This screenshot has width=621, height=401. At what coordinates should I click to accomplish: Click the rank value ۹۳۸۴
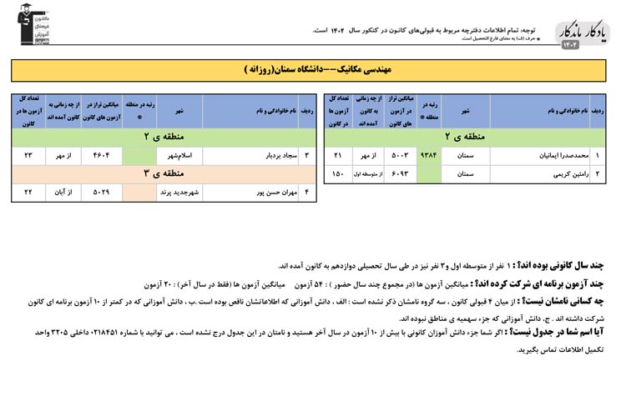(x=428, y=155)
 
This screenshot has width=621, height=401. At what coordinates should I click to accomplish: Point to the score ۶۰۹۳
(x=399, y=174)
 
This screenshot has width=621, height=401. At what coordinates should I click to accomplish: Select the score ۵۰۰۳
(x=399, y=155)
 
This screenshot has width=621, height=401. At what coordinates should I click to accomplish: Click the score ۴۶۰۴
(x=102, y=155)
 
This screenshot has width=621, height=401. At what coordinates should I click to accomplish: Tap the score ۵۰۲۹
(x=102, y=193)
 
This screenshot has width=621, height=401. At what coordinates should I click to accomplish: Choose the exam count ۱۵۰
(x=338, y=174)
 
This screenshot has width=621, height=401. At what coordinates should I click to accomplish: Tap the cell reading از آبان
(x=63, y=193)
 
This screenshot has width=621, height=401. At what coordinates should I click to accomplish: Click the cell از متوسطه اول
(x=367, y=174)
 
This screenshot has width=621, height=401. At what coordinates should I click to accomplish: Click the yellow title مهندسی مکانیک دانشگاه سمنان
(x=309, y=69)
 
